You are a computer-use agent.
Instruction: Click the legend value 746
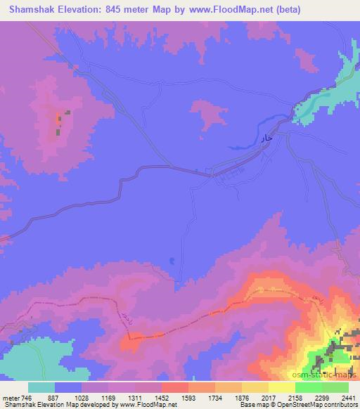[x=22, y=398]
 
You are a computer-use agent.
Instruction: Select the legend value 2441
[x=340, y=398]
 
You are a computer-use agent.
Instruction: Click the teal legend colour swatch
[x=41, y=387]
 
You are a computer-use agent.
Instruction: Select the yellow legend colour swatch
[x=255, y=387]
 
